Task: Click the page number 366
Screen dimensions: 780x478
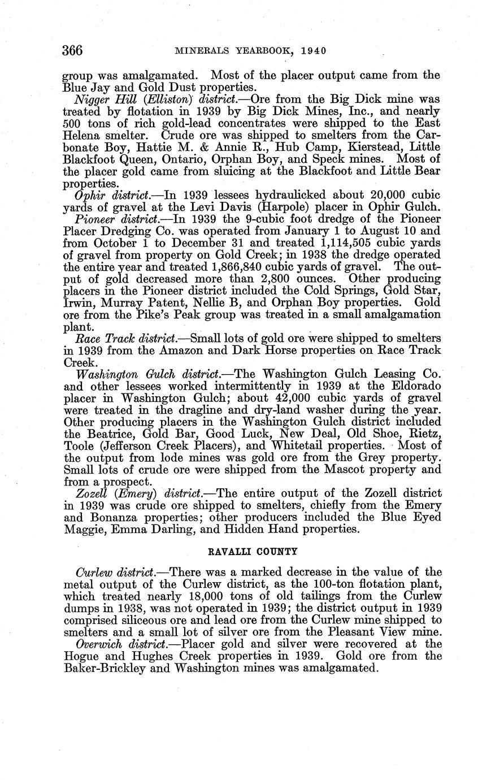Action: click(x=73, y=50)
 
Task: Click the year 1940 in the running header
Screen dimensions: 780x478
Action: click(x=314, y=51)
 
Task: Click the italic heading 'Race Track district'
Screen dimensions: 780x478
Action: click(x=125, y=338)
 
